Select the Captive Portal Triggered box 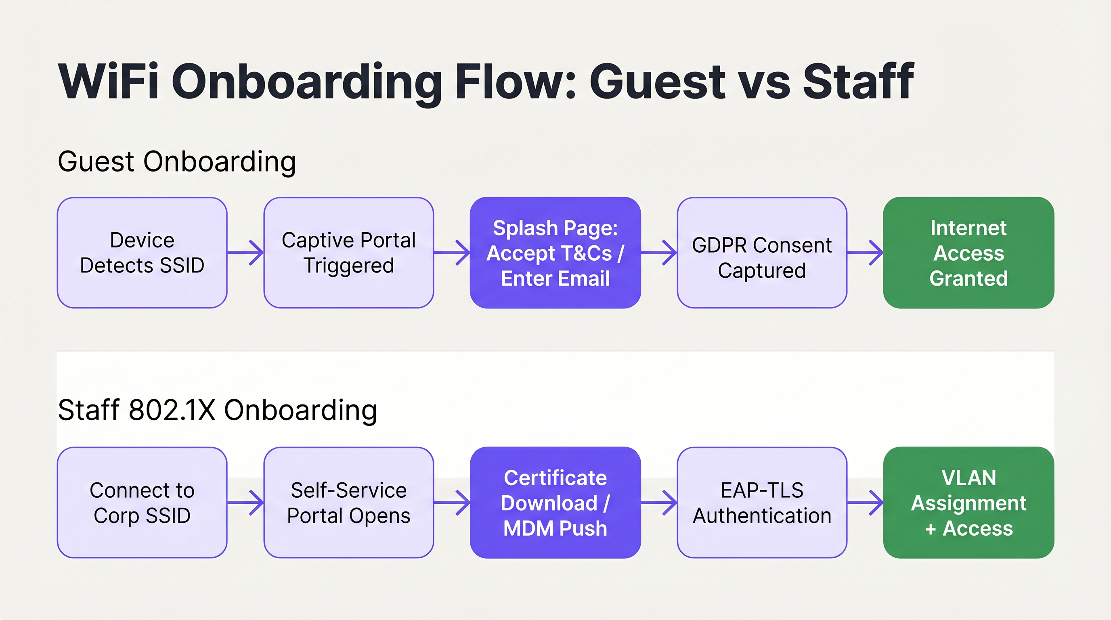pyautogui.click(x=348, y=253)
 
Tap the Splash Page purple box pyautogui.click(x=555, y=253)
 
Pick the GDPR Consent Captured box pyautogui.click(x=762, y=253)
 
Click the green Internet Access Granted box pyautogui.click(x=968, y=253)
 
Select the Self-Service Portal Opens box pyautogui.click(x=348, y=502)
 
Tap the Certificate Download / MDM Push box pyautogui.click(x=555, y=502)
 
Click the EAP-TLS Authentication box pyautogui.click(x=762, y=502)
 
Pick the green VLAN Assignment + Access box pyautogui.click(x=968, y=502)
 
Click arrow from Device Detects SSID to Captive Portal pyautogui.click(x=245, y=253)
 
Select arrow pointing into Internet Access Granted pyautogui.click(x=865, y=253)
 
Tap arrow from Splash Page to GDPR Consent pyautogui.click(x=658, y=253)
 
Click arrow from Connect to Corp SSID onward pyautogui.click(x=245, y=502)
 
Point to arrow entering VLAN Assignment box pyautogui.click(x=865, y=502)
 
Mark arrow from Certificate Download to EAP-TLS pyautogui.click(x=658, y=502)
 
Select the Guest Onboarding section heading pyautogui.click(x=177, y=162)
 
